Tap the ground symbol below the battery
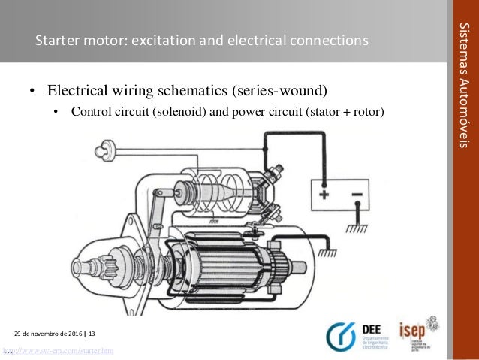(x=352, y=226)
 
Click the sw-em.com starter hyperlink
(x=58, y=351)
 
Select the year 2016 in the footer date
(x=74, y=332)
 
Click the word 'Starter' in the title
(x=56, y=40)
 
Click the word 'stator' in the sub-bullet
(x=327, y=113)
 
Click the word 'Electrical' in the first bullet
(x=78, y=92)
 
